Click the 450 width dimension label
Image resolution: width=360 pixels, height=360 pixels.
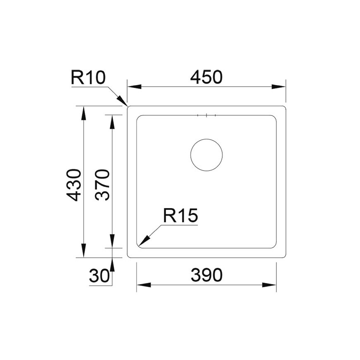point(206,77)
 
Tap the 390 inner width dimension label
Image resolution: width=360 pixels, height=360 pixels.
point(206,275)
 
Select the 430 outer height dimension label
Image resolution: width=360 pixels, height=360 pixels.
point(74,185)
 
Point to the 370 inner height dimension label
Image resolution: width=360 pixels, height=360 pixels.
point(102,185)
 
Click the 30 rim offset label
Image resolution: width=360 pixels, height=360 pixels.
point(99,276)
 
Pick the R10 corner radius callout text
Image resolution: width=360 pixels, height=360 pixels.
point(88,78)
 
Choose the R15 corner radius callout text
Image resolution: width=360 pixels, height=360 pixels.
point(180,215)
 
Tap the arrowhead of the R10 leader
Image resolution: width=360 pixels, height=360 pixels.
point(122,101)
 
